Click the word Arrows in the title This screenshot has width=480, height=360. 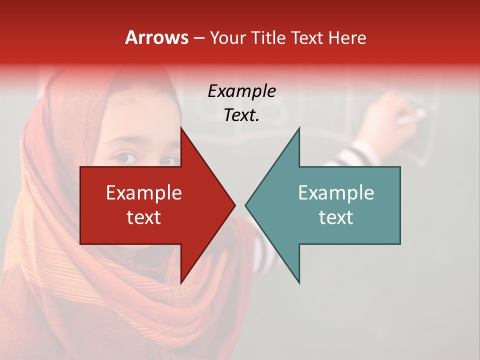157,37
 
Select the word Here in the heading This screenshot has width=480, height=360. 347,37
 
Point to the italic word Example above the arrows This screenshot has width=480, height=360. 241,91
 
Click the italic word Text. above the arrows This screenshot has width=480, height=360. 241,115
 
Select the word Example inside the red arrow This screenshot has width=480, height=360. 144,192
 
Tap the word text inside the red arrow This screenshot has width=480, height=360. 144,217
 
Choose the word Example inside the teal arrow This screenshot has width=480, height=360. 336,192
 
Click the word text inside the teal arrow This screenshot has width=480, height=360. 336,217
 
